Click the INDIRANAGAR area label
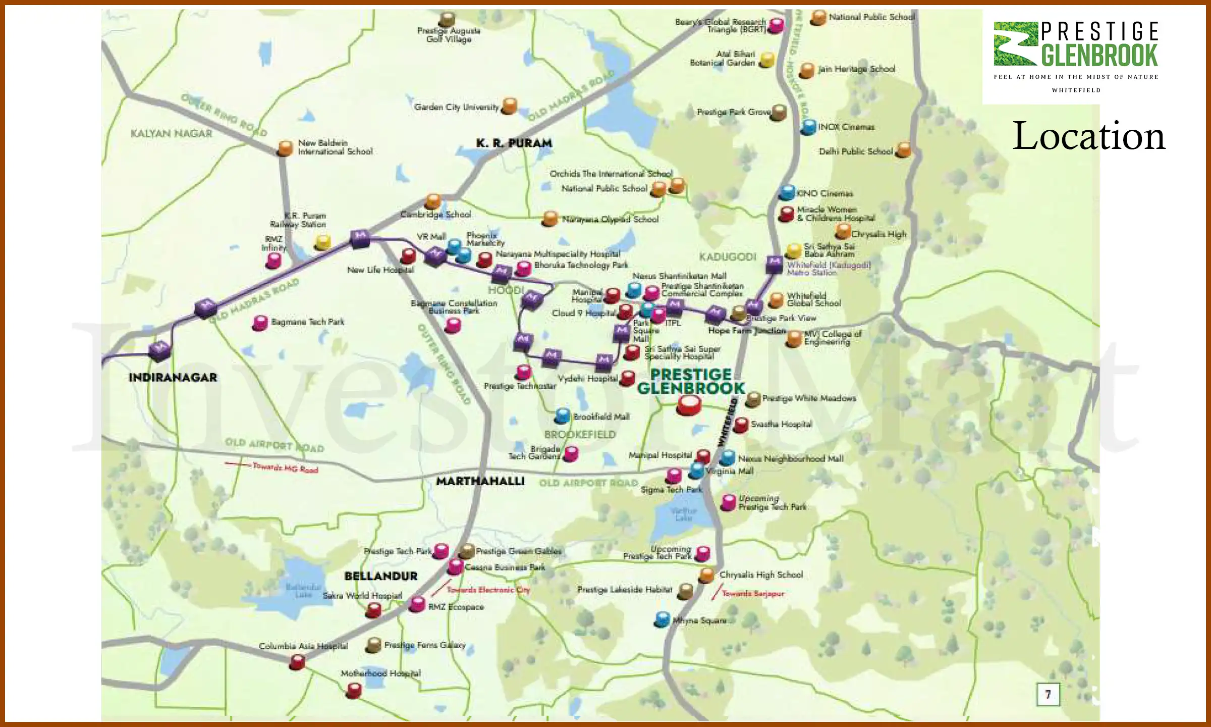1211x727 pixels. coord(173,378)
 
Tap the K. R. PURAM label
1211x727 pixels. coord(514,143)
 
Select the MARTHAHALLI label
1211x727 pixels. coord(480,481)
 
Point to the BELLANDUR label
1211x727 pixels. coord(381,576)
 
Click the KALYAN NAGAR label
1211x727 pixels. coord(171,134)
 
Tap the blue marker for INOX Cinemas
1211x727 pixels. coord(808,127)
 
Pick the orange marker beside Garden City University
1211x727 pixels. coord(510,106)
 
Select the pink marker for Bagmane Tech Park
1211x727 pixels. coord(260,323)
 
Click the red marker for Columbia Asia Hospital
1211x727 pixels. coord(297,661)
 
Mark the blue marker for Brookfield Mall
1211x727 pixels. coord(562,416)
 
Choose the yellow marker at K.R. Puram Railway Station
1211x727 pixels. coord(322,242)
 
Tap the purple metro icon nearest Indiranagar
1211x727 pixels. coord(159,349)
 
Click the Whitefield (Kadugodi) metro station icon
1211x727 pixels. coord(774,263)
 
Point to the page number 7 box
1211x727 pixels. coord(1048,695)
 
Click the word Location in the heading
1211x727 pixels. coord(1089,136)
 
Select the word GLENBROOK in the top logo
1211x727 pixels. coord(1099,56)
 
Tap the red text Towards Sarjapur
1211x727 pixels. coord(753,594)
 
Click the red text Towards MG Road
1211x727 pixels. coord(285,468)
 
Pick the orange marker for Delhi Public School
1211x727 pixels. coord(903,150)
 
